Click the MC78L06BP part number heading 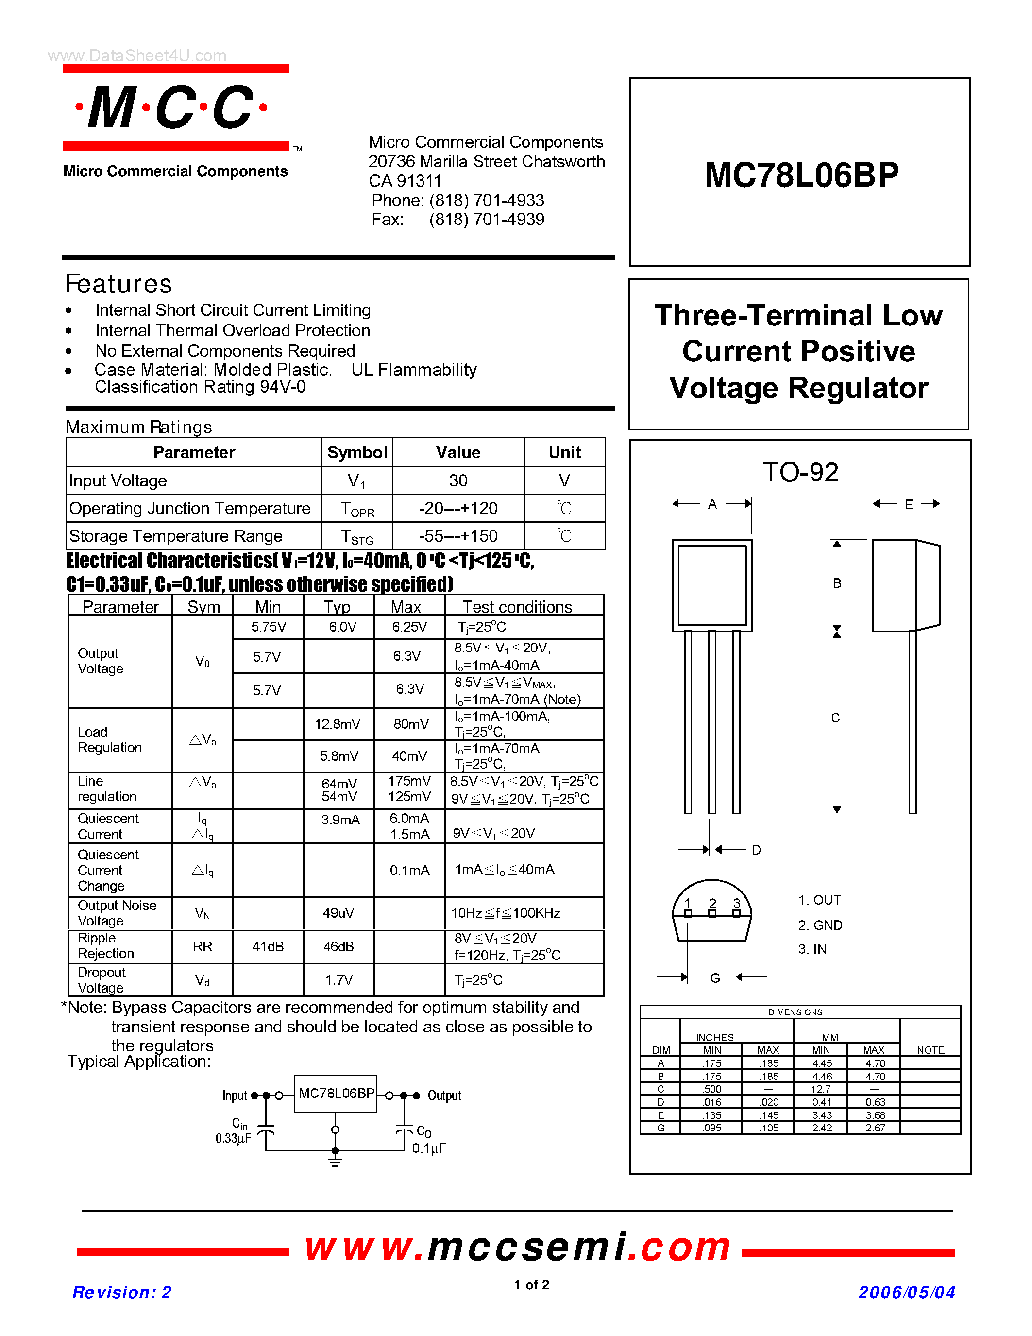(x=801, y=175)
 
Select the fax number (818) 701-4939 (x=486, y=220)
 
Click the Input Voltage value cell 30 (x=458, y=481)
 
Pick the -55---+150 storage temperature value (x=458, y=536)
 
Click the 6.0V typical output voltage (x=342, y=627)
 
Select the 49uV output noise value (x=338, y=913)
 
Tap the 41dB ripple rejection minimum (x=268, y=947)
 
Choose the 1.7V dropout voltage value (x=338, y=980)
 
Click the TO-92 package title (x=800, y=472)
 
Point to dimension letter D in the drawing (x=756, y=850)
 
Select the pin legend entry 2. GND (x=820, y=925)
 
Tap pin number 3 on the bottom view (x=737, y=904)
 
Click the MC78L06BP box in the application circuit (x=336, y=1094)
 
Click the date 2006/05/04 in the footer (x=906, y=1293)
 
